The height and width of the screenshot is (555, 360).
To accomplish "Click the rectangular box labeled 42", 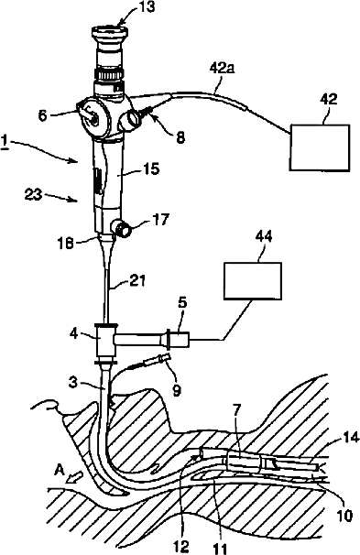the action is coord(320,147).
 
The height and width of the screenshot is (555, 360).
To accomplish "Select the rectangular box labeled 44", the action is coord(253,281).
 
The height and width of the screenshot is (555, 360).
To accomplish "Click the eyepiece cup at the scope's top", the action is coord(110,34).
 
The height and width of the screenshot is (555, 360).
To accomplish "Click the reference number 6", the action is coord(43,115).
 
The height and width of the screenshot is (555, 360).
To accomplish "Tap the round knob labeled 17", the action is coord(121,228).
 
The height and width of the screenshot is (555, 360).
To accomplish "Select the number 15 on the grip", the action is coord(151,169).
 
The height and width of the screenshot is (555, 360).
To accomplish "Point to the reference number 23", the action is coord(33,194).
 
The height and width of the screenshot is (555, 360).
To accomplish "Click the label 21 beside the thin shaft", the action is coord(136,282).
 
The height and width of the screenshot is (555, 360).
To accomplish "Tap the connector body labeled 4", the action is coord(104,343).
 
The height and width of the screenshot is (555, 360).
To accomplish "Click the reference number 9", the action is coord(176,390).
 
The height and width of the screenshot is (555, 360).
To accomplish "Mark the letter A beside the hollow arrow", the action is coord(60,470).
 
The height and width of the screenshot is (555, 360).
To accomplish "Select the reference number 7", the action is coord(237,413).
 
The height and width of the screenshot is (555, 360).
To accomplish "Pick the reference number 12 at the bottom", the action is coord(182,545).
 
